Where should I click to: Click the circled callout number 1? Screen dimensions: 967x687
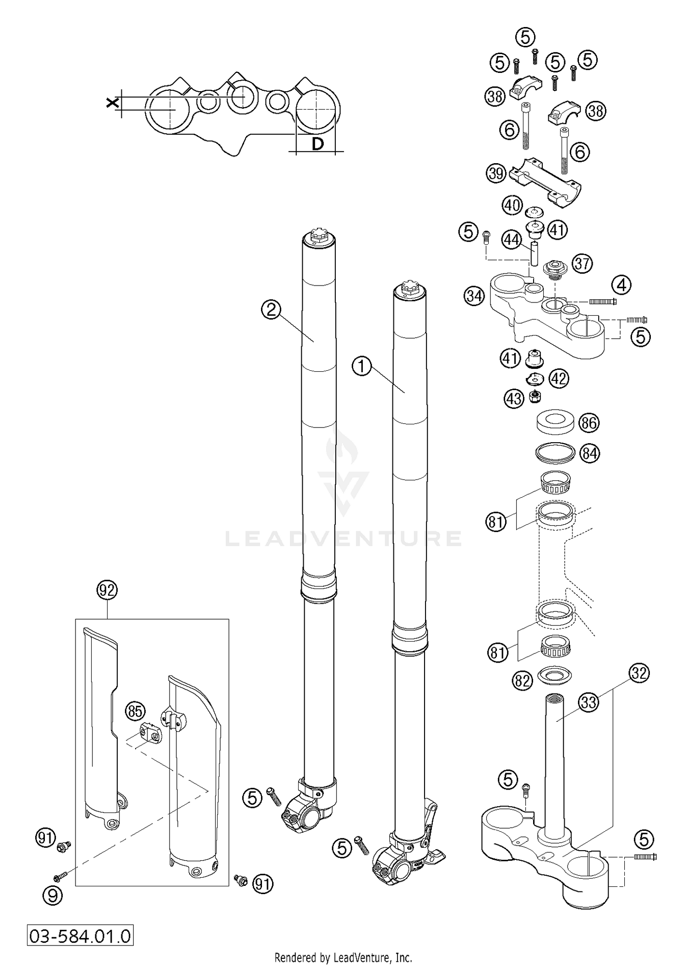pos(362,367)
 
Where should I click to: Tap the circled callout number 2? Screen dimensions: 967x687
pos(272,310)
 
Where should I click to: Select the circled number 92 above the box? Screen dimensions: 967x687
pos(107,590)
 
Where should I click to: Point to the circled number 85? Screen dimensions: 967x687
pos(135,711)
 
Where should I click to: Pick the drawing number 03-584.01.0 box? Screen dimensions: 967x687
pos(80,935)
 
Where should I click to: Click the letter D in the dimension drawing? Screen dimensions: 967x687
pos(317,144)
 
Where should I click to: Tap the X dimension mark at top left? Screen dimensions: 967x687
pos(111,103)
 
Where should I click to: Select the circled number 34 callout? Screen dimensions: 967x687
pos(474,296)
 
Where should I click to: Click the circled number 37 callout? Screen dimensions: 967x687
pos(583,264)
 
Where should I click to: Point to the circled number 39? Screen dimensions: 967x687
pos(496,174)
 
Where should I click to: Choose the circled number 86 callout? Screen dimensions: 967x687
pos(589,423)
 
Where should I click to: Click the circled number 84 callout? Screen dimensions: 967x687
pos(589,453)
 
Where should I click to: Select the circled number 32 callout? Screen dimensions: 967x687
pos(639,673)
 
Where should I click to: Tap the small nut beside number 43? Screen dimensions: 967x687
pos(534,396)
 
